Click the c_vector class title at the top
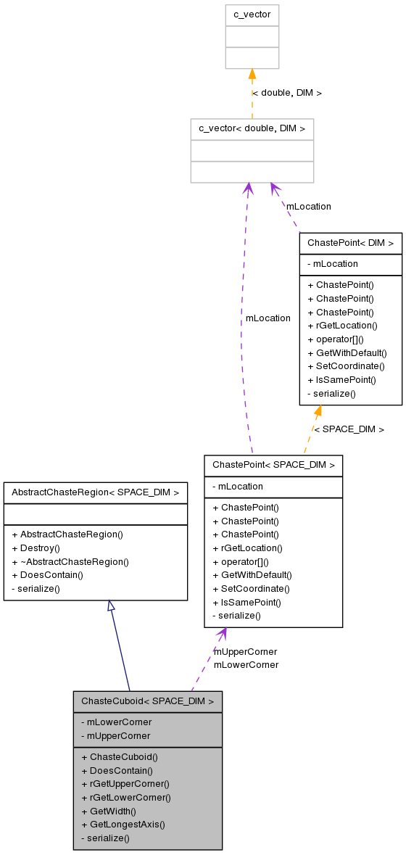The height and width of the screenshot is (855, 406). [x=252, y=15]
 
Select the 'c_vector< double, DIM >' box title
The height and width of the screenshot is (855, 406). [x=252, y=129]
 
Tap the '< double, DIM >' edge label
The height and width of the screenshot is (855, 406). [x=286, y=93]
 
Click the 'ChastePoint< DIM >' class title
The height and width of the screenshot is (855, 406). [x=350, y=243]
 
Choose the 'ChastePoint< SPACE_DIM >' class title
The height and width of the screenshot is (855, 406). [x=273, y=465]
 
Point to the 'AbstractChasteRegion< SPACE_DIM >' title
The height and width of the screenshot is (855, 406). [x=95, y=492]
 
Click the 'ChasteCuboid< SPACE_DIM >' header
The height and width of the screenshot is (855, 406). [x=147, y=701]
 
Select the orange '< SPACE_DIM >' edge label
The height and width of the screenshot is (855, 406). [x=349, y=429]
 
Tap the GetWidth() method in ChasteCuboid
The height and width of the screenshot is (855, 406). [x=109, y=811]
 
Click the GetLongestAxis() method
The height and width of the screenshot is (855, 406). [x=123, y=824]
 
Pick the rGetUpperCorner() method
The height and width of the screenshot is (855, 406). [x=125, y=783]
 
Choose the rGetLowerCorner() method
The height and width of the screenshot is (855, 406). [x=125, y=797]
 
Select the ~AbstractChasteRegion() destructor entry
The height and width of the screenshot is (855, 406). [x=70, y=561]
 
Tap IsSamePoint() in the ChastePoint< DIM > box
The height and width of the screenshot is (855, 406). [x=342, y=379]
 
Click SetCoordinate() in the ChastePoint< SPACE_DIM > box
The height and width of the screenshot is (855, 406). [x=251, y=588]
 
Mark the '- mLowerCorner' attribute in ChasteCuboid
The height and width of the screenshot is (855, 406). [x=116, y=722]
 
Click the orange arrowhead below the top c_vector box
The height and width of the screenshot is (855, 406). [x=252, y=74]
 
